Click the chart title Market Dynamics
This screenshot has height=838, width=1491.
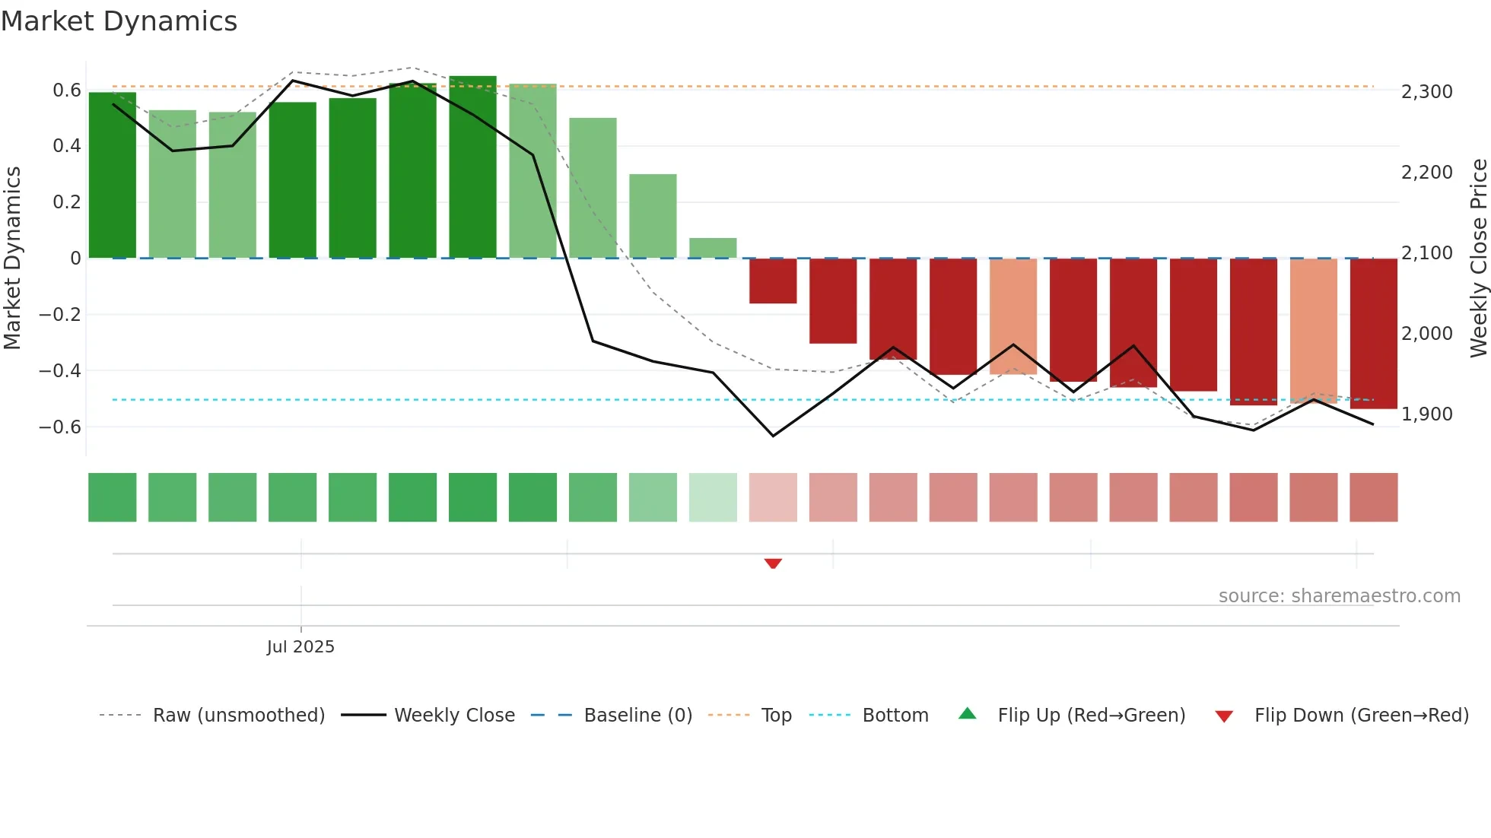(119, 21)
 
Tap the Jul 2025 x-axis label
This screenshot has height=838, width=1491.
(300, 646)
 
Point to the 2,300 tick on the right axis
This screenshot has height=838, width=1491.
(1426, 92)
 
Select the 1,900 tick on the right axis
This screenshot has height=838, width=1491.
(1426, 414)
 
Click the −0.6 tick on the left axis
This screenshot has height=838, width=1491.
(60, 427)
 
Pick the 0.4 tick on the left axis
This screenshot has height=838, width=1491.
(66, 145)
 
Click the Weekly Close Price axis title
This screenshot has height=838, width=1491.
(1478, 258)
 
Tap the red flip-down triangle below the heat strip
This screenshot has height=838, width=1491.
(773, 563)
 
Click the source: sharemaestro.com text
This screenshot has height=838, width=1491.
(1339, 596)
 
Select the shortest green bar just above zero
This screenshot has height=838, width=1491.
(713, 248)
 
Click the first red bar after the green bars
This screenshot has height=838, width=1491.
(773, 281)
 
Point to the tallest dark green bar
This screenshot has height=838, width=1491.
(472, 167)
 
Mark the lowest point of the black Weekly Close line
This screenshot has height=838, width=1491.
(773, 436)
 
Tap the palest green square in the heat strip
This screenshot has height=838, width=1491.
(713, 497)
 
